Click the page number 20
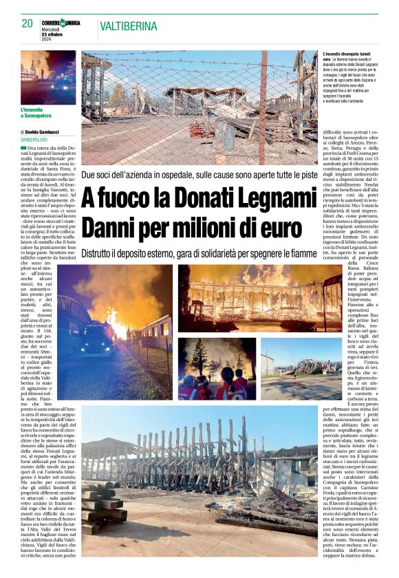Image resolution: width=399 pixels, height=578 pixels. point(28,23)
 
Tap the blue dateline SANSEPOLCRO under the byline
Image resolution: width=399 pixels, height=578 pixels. point(34,139)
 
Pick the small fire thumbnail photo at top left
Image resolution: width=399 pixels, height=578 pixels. point(48,76)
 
